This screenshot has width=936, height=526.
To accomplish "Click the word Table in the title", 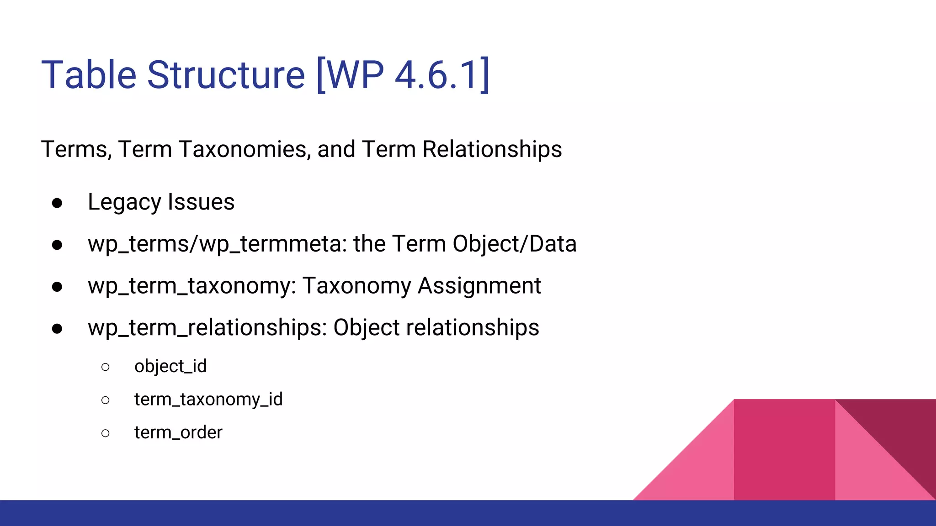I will tap(89, 75).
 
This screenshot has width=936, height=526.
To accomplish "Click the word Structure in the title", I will tap(226, 75).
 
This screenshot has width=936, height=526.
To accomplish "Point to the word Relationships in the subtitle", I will tap(492, 149).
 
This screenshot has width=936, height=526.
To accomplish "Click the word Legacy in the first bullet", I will tap(124, 202).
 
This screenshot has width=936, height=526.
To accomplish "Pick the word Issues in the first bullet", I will tap(201, 202).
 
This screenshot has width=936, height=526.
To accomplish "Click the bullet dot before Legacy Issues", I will tap(57, 203).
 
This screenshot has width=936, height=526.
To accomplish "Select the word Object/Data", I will tap(514, 244).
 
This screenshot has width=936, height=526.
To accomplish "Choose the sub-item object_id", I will tap(170, 366).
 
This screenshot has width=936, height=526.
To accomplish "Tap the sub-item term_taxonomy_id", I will tap(208, 400).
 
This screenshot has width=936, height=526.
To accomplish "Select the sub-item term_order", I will tap(178, 432).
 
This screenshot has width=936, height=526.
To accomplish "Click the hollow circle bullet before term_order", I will tap(106, 433).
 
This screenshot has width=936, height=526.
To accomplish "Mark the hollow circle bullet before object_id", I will tap(106, 367).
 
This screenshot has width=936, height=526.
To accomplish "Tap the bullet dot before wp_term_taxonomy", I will tap(57, 287).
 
